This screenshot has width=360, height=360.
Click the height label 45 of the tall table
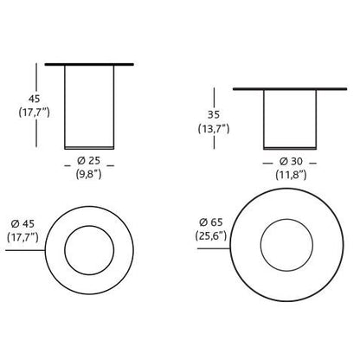point(34,99)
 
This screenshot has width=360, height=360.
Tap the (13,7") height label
point(214,128)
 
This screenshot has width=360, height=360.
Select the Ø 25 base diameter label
point(89,161)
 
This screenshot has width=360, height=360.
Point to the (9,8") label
point(89,174)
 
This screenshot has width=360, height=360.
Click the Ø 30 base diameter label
point(291,161)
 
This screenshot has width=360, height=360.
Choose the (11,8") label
point(291,175)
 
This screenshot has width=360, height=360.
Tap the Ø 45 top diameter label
point(22,223)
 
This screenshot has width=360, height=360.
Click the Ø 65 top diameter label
point(211,222)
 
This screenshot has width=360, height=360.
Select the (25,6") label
point(211,236)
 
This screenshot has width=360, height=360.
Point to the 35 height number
point(214,114)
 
